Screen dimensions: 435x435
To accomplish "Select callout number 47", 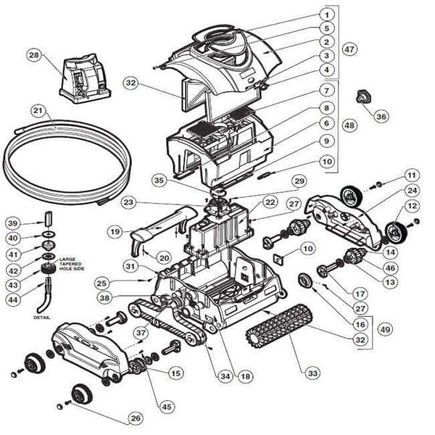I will point(350,49).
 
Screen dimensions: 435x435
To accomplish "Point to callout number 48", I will point(350,125).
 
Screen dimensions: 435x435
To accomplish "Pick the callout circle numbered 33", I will point(312,373).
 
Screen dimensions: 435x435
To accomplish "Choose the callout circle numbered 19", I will point(115,231).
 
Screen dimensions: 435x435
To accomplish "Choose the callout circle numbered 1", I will point(327,14).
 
